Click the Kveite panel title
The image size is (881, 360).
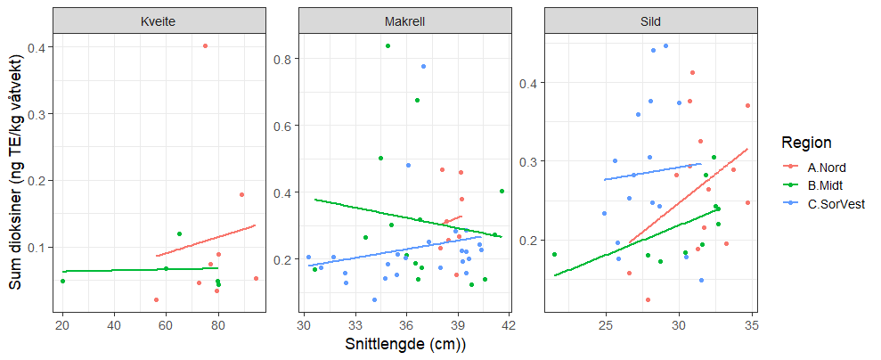pos(159,21)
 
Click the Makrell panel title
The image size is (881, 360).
pos(406,21)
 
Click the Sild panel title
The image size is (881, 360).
pos(650,21)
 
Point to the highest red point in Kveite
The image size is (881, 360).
pos(205,45)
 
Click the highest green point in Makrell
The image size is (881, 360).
pos(387,45)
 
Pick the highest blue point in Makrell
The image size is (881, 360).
pos(423,66)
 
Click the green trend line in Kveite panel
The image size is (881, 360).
pos(134,269)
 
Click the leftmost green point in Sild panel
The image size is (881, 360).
pos(554,254)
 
